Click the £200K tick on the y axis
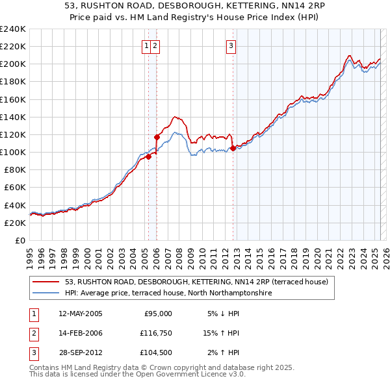[x=12, y=64]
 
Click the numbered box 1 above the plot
[x=147, y=45]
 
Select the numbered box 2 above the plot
[x=157, y=45]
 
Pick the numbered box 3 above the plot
[x=231, y=45]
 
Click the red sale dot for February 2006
[x=157, y=137]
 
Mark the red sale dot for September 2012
[x=233, y=148]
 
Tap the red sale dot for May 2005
[x=148, y=156]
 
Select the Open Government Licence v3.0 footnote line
[x=137, y=374]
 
